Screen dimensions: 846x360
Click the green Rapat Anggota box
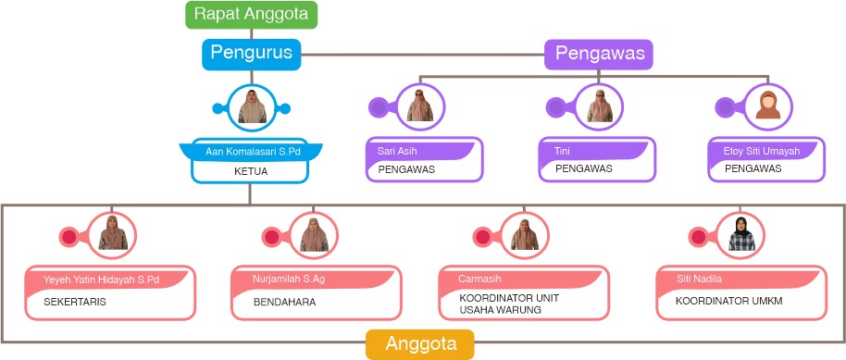point(252,15)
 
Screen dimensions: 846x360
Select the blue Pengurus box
point(252,53)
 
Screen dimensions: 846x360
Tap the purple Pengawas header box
point(598,54)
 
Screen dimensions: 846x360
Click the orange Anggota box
point(420,344)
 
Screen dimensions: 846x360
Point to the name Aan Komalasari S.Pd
point(253,152)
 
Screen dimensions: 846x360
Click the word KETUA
point(251,172)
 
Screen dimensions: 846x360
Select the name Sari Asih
point(397,151)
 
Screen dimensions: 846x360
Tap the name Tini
point(562,151)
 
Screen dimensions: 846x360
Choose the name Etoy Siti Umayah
point(761,151)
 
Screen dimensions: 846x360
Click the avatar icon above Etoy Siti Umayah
point(767,106)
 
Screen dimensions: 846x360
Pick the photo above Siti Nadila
point(741,234)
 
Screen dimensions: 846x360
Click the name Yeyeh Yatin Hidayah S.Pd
point(102,279)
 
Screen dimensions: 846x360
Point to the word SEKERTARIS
point(74,303)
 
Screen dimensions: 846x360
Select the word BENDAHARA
point(284,303)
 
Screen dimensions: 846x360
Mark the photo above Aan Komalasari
point(252,106)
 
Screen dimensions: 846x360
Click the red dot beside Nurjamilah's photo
point(271,237)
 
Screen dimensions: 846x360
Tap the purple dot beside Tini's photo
point(555,107)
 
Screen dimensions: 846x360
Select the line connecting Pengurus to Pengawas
point(422,55)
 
